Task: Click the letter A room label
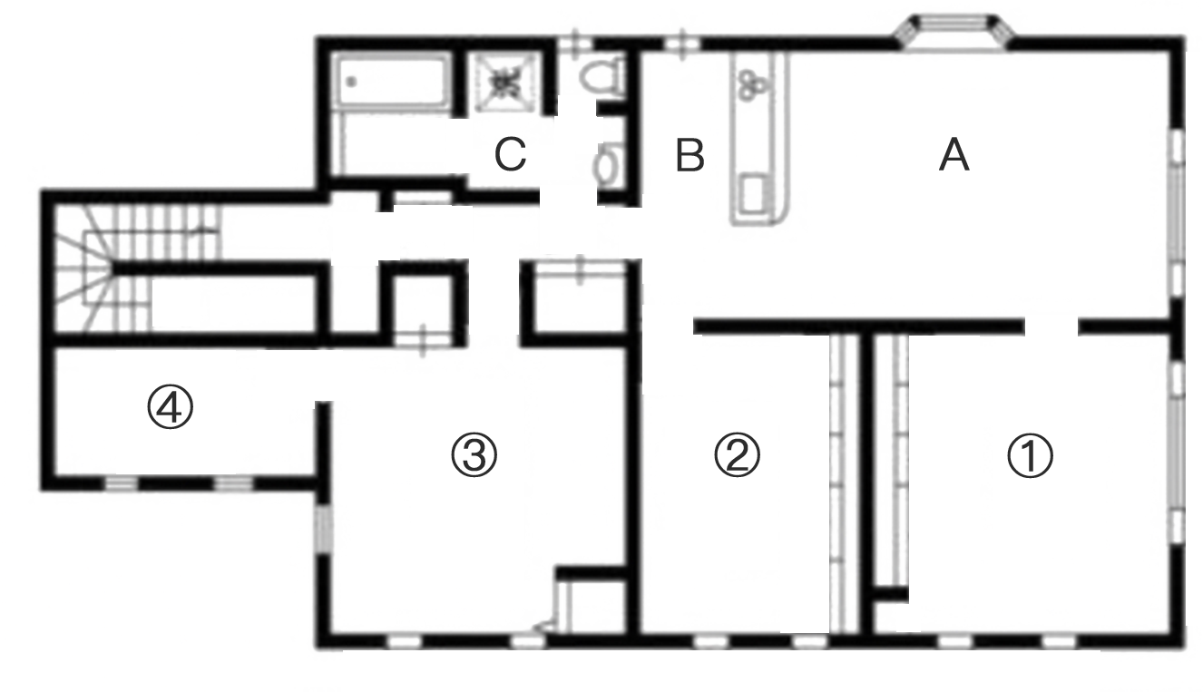point(954,158)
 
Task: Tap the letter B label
point(690,157)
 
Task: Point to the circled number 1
point(1031,456)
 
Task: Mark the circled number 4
point(170,411)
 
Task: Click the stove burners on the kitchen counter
point(751,83)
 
